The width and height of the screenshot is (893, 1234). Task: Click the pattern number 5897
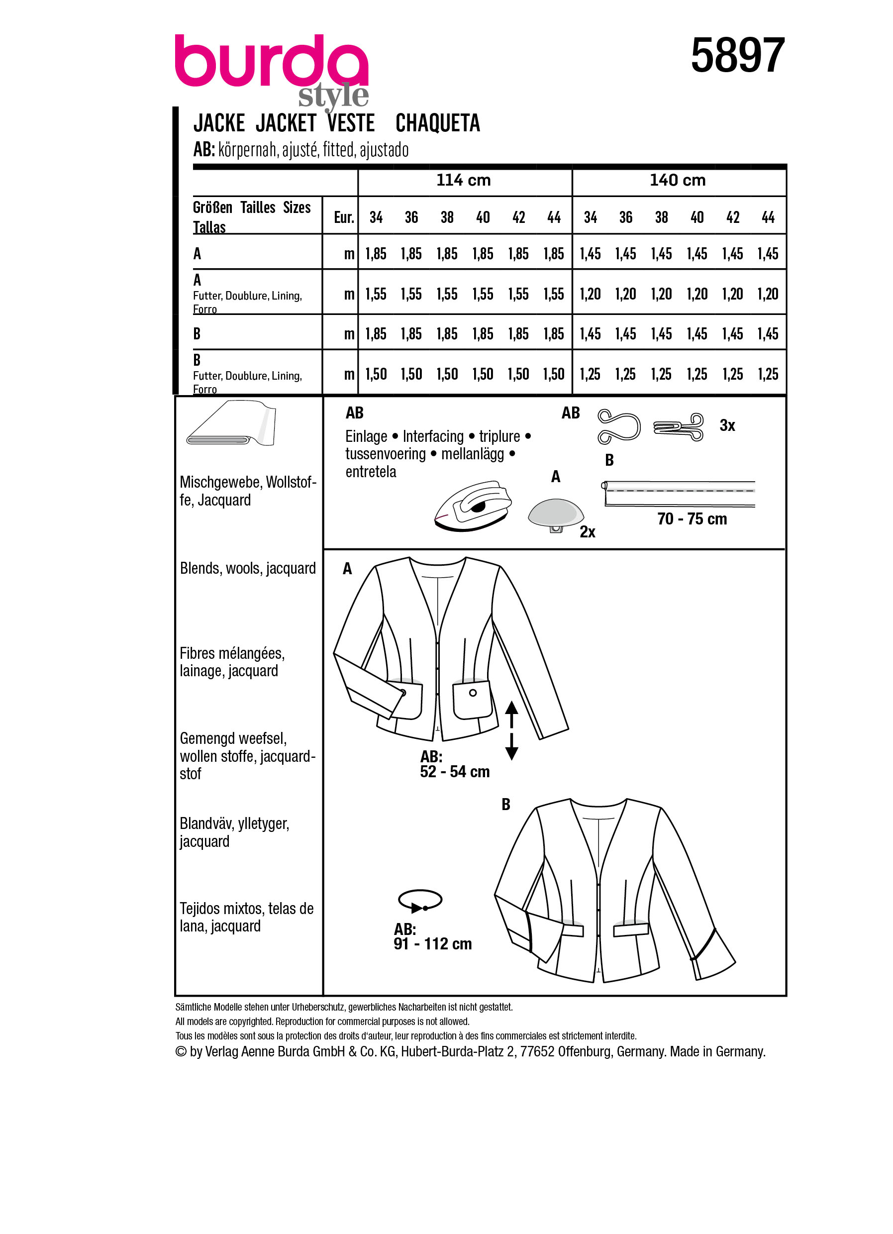737,56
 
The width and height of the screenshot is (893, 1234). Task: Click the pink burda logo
271,63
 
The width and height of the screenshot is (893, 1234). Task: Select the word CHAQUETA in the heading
437,123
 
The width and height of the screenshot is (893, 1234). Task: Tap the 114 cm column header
463,180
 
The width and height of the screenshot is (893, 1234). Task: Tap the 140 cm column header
678,180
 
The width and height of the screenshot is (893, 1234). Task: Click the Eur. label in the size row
344,217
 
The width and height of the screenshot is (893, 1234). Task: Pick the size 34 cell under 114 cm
376,217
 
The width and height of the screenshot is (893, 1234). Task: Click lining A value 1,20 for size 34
590,295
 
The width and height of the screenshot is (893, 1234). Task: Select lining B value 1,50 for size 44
554,374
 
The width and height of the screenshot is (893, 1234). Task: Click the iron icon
473,506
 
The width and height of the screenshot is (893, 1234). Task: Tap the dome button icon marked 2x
556,514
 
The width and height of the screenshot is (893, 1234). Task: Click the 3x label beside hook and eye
727,425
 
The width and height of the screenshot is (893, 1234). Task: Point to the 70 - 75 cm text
692,519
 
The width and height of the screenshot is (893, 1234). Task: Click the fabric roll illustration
231,424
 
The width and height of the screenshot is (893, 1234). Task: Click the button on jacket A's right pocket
473,693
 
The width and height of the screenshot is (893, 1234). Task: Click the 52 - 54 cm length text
455,772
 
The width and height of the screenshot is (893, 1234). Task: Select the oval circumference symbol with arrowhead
420,901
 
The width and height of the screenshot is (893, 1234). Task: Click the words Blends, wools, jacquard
247,568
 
